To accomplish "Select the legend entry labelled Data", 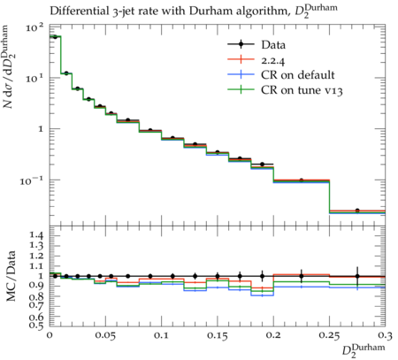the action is (x=273, y=45).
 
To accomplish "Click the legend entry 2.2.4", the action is (x=273, y=60).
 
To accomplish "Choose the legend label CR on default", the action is (x=298, y=75).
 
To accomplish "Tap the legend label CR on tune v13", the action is (x=302, y=90).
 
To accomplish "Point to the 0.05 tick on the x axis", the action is (x=105, y=335).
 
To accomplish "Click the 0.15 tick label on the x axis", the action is (x=218, y=335).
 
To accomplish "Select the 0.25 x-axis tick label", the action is (x=329, y=335).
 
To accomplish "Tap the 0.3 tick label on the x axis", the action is (x=385, y=335).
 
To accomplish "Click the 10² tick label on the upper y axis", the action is (x=35, y=28).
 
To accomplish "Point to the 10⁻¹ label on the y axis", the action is (x=32, y=180).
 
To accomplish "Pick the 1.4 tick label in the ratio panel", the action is (x=37, y=235).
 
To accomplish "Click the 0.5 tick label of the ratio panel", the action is (x=37, y=326).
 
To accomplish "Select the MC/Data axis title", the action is (x=11, y=276).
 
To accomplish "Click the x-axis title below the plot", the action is (x=364, y=350).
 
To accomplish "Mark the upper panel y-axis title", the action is (x=10, y=66).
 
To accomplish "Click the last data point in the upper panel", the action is (x=357, y=211).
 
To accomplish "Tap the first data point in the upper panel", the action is (x=55, y=37).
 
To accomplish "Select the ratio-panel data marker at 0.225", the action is (x=302, y=276).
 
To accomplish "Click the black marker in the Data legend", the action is (x=241, y=44).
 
